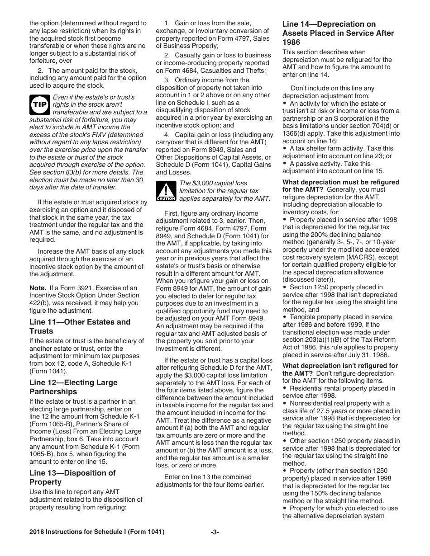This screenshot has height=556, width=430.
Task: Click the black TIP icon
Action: coord(39,104)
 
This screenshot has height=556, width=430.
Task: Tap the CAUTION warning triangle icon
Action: coord(166,191)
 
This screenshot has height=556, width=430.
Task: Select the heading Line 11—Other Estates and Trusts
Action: coord(80,326)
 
